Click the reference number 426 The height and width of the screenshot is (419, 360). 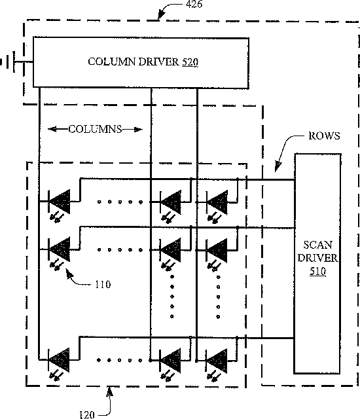click(x=194, y=4)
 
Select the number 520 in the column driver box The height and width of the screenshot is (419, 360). click(x=190, y=62)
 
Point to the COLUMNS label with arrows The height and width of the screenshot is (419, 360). click(x=95, y=130)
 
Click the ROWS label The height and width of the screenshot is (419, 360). click(x=324, y=136)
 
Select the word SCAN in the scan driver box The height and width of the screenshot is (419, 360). click(x=318, y=245)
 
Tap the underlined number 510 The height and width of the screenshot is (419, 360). click(x=318, y=271)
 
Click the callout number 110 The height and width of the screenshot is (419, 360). click(x=103, y=284)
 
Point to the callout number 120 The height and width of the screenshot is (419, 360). click(x=87, y=414)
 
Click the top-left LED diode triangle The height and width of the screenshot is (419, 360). click(x=60, y=202)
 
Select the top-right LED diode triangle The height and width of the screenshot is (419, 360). click(x=218, y=202)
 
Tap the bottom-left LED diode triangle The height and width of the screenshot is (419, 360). click(x=60, y=359)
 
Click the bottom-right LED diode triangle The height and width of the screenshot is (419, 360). click(x=217, y=361)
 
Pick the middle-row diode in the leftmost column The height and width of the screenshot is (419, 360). click(x=60, y=249)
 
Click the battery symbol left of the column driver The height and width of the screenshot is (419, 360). click(x=9, y=62)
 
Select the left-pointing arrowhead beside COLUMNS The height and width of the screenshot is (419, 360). click(x=52, y=130)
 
